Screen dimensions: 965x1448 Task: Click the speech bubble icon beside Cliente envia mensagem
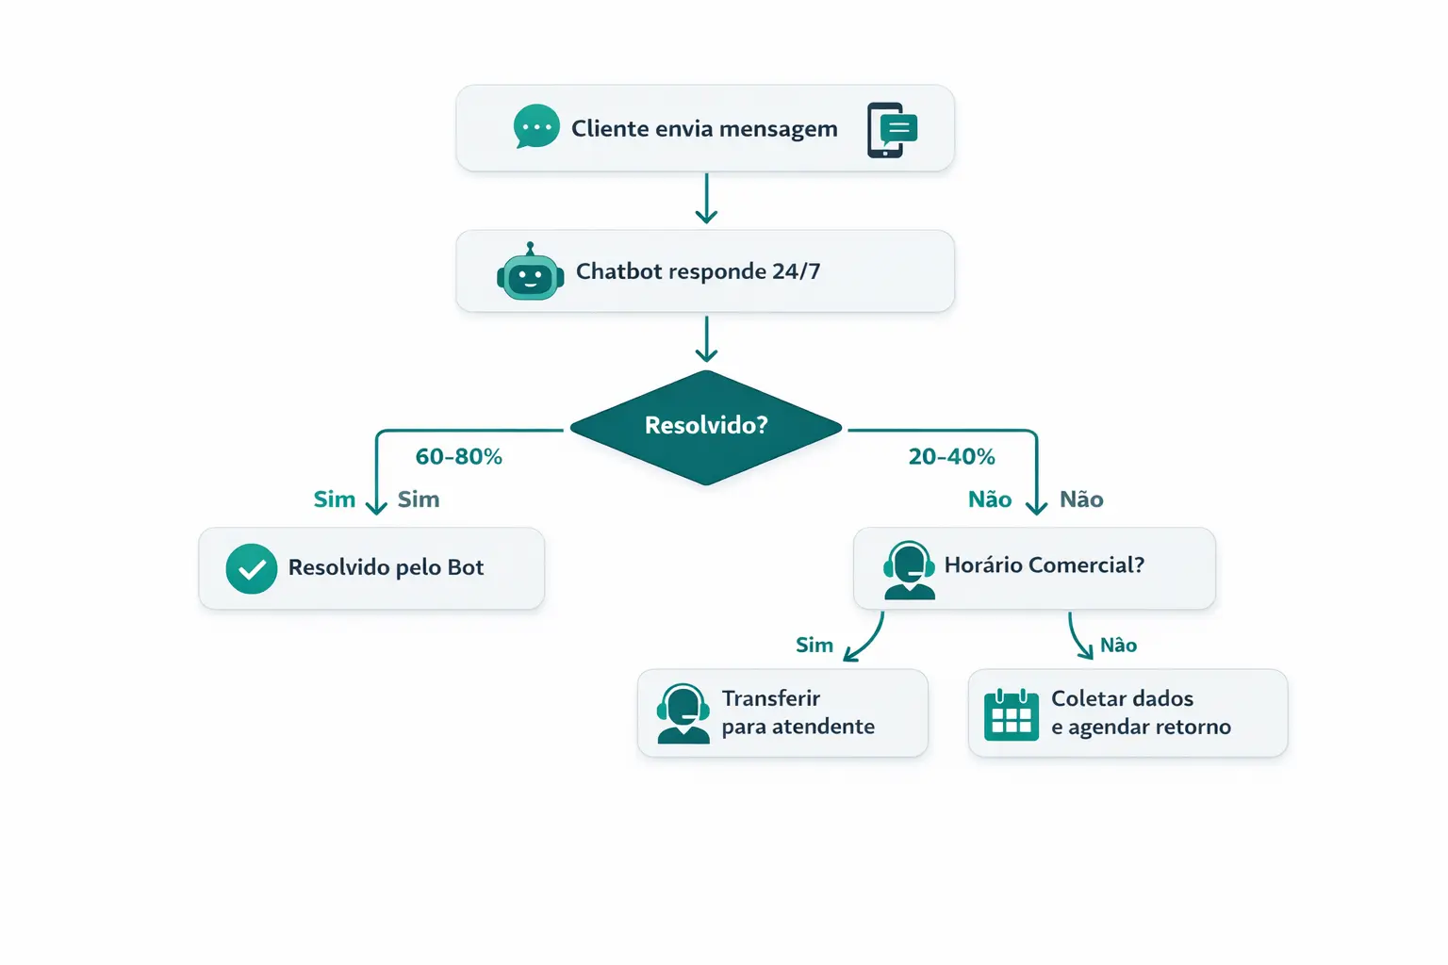pos(536,126)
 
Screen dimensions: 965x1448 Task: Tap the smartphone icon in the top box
pos(891,129)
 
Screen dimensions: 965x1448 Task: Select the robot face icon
pos(530,274)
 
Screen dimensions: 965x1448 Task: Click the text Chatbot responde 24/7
pos(698,271)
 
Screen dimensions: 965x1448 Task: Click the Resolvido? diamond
pos(705,426)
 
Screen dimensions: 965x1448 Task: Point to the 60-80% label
pos(458,457)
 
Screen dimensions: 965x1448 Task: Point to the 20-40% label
pos(951,457)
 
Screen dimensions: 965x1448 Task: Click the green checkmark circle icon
pos(252,568)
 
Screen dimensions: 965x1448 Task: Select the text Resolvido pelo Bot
pos(386,567)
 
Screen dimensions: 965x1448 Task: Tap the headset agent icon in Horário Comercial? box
pos(909,569)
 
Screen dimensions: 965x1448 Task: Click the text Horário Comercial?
pos(1044,565)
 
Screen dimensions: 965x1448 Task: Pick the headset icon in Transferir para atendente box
pos(683,713)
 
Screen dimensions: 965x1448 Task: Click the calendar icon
pos(1011,714)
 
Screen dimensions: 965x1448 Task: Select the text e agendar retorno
pos(1141,728)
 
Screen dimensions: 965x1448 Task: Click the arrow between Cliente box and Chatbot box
pos(706,198)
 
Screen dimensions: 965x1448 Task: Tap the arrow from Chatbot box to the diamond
pos(706,339)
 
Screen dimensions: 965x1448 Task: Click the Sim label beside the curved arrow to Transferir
pos(814,646)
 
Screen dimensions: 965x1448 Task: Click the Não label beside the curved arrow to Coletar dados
pos(1118,646)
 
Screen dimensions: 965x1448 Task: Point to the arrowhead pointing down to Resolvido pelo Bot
pos(376,507)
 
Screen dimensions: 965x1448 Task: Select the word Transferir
pos(770,698)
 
